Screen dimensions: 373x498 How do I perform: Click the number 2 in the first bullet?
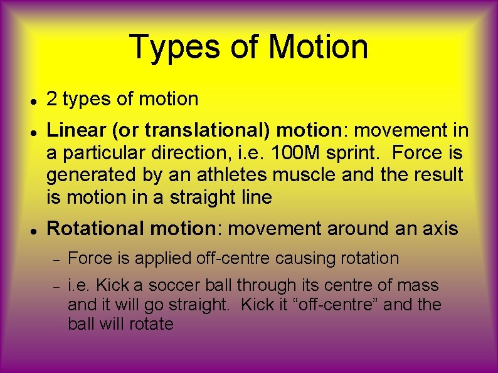pyautogui.click(x=53, y=99)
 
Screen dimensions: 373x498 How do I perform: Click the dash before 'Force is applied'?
pyautogui.click(x=55, y=259)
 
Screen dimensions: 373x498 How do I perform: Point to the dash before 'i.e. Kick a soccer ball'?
pyautogui.click(x=55, y=286)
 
